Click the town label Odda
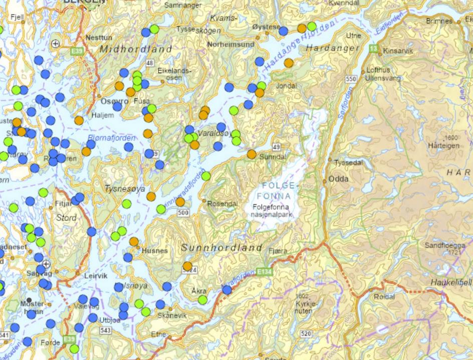pyautogui.click(x=339, y=179)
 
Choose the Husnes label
pyautogui.click(x=155, y=250)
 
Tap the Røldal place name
pyautogui.click(x=385, y=296)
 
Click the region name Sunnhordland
pyautogui.click(x=221, y=248)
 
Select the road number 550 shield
pyautogui.click(x=351, y=79)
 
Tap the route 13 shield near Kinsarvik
pyautogui.click(x=373, y=49)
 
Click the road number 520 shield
pyautogui.click(x=305, y=333)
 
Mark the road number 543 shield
pyautogui.click(x=105, y=330)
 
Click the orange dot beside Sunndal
pyautogui.click(x=252, y=154)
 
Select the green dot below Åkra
pyautogui.click(x=202, y=299)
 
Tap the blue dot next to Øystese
pyautogui.click(x=283, y=31)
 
